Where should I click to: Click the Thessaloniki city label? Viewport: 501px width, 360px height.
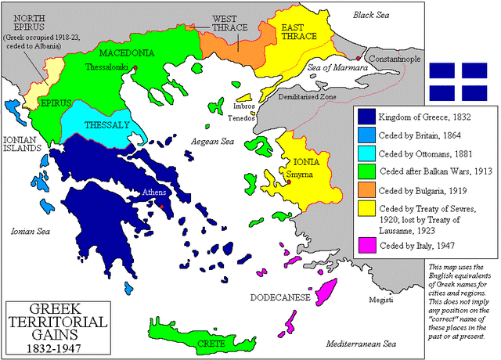coord(108,68)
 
